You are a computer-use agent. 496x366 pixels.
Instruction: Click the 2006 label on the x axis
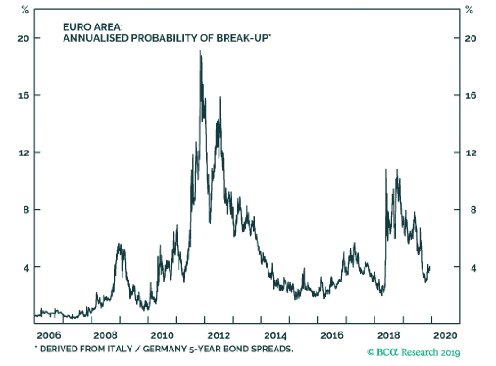[x=49, y=335]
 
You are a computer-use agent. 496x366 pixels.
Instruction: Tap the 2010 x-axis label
[x=162, y=335]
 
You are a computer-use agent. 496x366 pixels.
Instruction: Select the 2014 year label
[x=275, y=335]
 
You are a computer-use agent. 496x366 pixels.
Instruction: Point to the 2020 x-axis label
[x=445, y=335]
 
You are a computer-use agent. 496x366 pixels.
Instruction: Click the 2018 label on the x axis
[x=388, y=335]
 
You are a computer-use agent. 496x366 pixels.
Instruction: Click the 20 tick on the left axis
[x=23, y=38]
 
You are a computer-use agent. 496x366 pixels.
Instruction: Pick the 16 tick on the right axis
[x=471, y=95]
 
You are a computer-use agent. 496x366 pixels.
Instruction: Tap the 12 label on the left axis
[x=24, y=153]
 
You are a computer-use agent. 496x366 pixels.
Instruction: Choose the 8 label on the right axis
[x=473, y=210]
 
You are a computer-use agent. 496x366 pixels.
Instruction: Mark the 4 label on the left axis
[x=26, y=268]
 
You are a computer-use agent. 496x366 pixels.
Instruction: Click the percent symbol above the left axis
[x=25, y=10]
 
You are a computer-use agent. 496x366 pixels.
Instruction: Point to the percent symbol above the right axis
[x=469, y=10]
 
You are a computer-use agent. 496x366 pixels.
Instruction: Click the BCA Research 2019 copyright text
[x=414, y=352]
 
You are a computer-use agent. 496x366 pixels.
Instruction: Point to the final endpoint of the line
[x=429, y=267]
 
